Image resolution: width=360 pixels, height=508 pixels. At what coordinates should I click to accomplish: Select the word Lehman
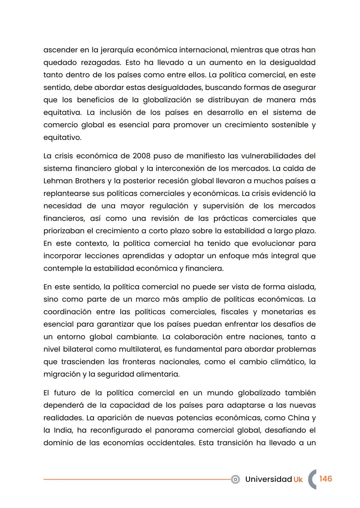58,181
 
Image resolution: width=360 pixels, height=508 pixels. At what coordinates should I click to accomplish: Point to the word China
298,418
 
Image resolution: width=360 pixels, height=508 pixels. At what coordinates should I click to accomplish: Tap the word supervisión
223,206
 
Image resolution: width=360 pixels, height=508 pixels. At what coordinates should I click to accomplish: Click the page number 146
325,479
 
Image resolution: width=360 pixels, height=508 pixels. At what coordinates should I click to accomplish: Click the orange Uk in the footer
298,479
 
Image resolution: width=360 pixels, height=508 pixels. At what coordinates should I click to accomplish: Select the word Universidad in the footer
268,479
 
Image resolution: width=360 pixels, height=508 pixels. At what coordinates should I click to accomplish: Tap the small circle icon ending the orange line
235,479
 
